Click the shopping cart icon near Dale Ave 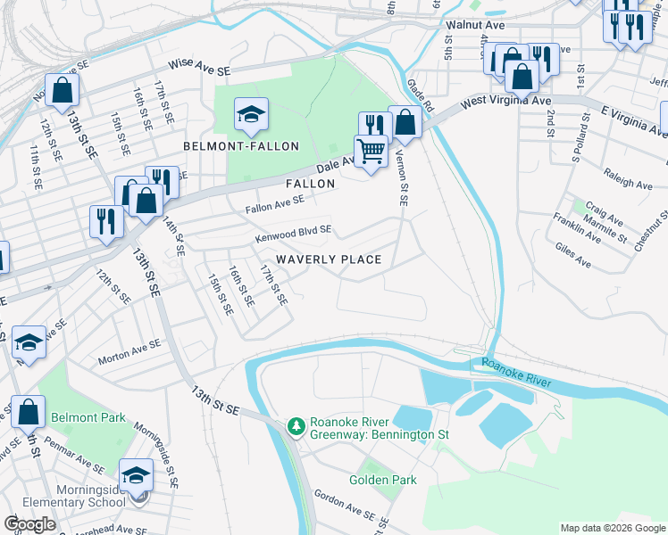click(370, 151)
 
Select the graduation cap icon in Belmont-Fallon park click(251, 114)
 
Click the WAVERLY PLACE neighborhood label click(329, 259)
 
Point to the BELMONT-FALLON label click(240, 145)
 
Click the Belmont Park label click(88, 418)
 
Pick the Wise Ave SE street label click(200, 69)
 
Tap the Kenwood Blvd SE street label click(293, 234)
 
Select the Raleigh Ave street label click(628, 179)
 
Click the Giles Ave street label click(572, 256)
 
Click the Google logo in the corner click(30, 524)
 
